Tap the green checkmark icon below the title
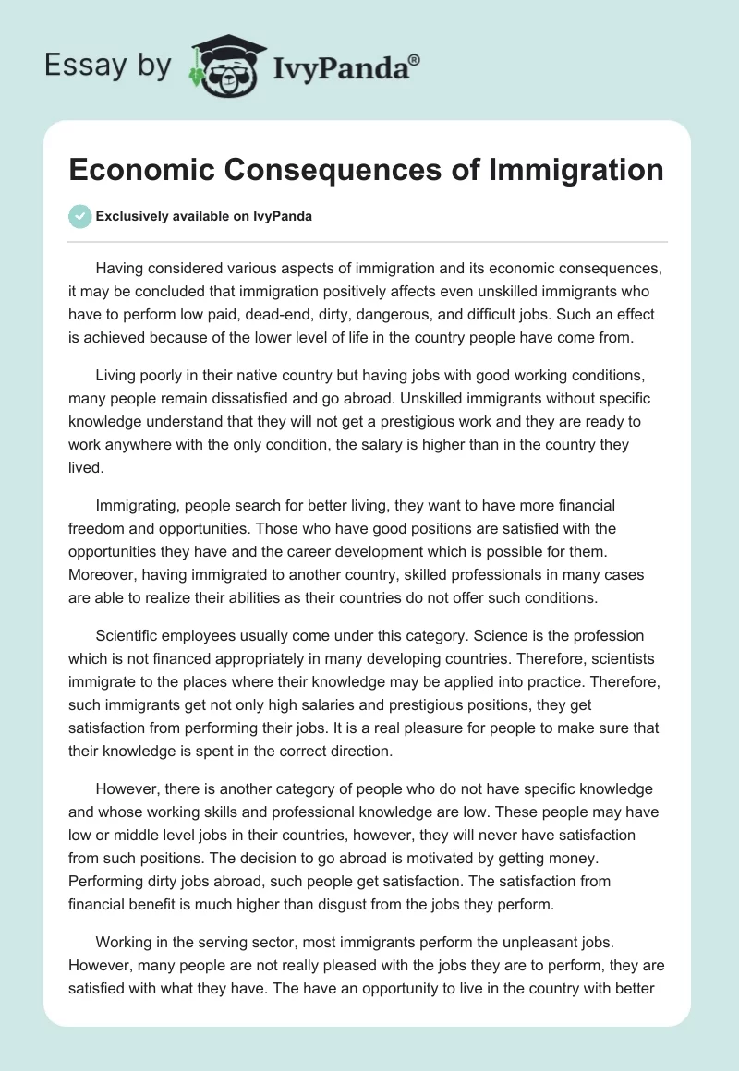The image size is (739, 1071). (79, 216)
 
